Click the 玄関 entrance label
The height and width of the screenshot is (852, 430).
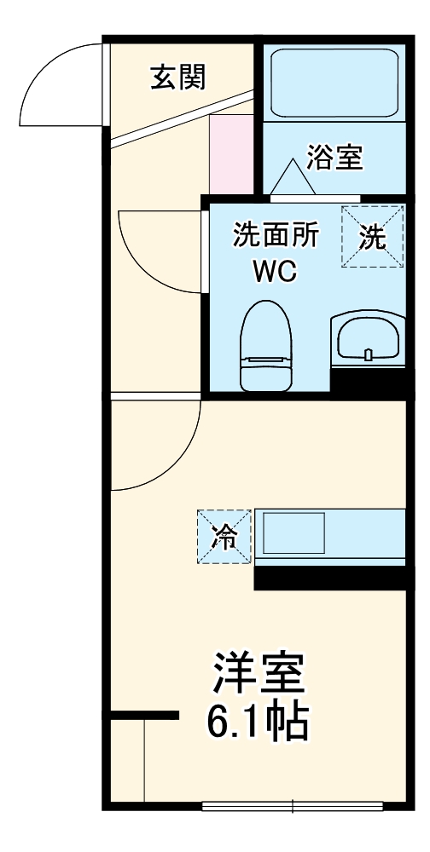click(179, 78)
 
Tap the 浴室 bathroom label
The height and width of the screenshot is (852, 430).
click(335, 158)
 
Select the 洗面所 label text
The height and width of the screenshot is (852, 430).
click(276, 236)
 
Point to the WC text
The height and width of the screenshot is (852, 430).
click(273, 273)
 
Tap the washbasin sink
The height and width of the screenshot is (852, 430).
click(366, 339)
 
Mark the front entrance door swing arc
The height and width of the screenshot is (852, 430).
click(55, 81)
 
